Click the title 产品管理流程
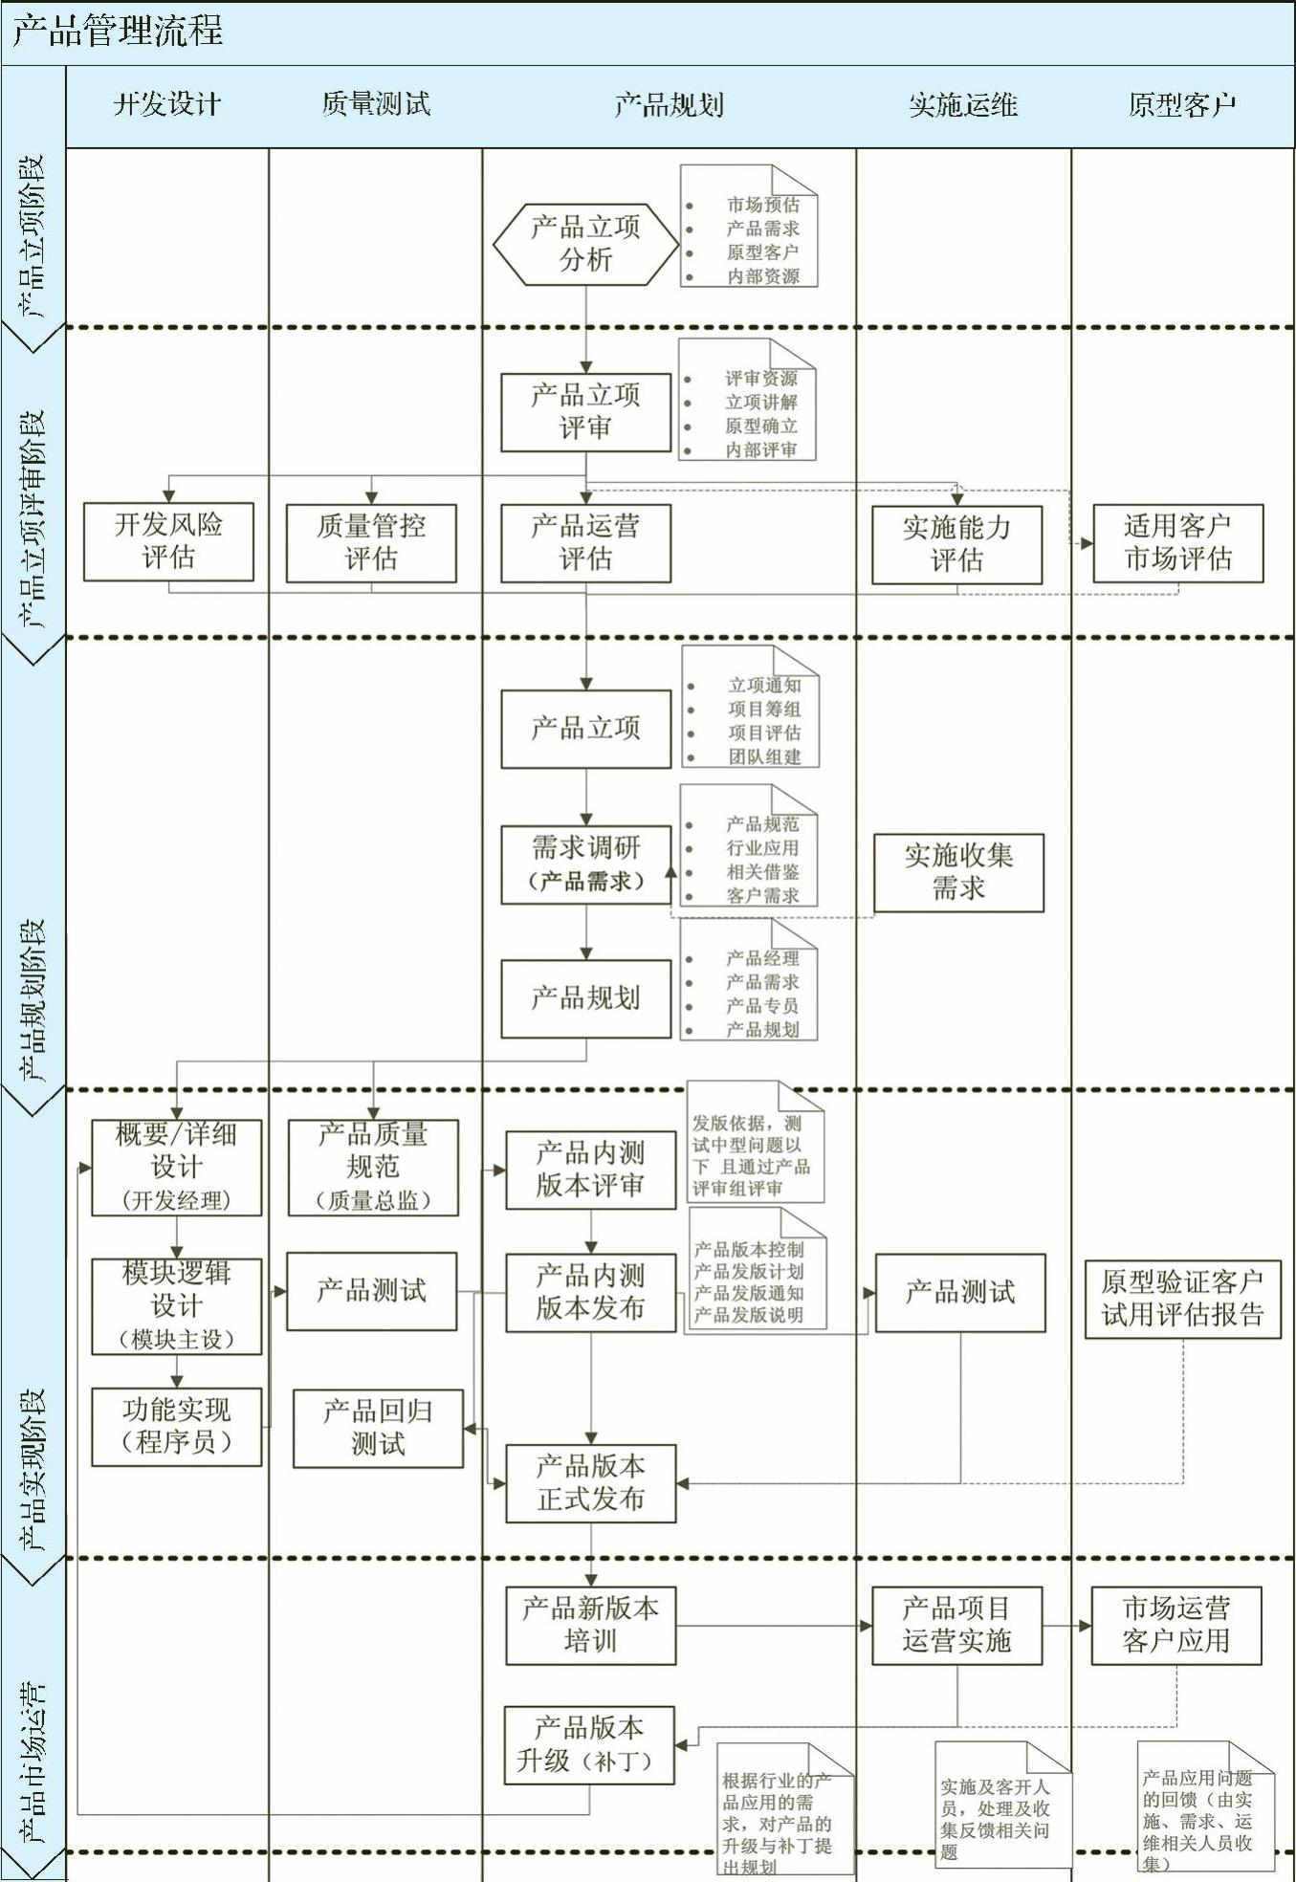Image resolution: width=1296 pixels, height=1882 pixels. point(118,32)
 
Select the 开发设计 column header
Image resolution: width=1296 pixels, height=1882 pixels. point(167,104)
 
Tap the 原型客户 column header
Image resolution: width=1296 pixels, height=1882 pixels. point(1182,104)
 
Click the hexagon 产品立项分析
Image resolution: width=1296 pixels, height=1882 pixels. point(585,244)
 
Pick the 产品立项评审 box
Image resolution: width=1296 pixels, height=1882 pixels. point(585,412)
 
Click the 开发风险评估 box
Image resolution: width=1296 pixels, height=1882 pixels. point(168,541)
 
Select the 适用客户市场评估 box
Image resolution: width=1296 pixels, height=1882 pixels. point(1177,542)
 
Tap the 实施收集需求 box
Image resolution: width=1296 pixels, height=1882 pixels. point(958,872)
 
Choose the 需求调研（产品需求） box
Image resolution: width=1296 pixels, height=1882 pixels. point(585,864)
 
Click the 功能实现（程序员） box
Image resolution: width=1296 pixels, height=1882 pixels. point(176,1427)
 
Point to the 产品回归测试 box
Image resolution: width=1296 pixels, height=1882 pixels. point(378,1428)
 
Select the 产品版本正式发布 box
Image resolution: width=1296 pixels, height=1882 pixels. point(590,1483)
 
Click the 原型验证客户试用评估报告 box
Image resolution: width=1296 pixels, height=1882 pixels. point(1182,1299)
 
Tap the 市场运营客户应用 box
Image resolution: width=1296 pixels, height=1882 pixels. point(1175,1625)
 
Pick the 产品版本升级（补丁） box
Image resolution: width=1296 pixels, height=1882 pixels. point(588,1745)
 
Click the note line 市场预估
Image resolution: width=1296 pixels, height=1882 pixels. point(762,205)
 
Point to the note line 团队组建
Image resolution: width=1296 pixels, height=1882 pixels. point(764,756)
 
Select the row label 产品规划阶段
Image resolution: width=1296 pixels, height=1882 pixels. point(33,999)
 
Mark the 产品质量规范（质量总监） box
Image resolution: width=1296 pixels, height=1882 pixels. point(373,1168)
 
